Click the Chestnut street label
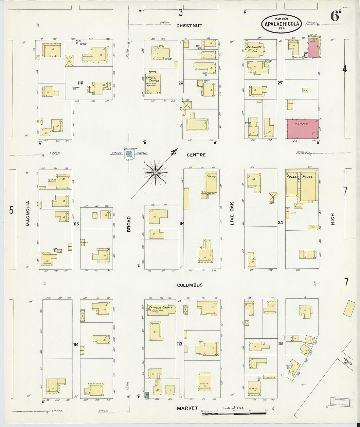coord(189,26)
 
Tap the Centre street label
coord(196,155)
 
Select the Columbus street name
coord(190,285)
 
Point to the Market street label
coord(188,408)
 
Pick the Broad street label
coord(129,224)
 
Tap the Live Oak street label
coord(232,215)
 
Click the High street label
coord(333,219)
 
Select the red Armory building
coord(303,129)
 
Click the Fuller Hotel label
coord(299,177)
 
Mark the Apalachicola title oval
coord(281,24)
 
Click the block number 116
coord(80,83)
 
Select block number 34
coord(280,223)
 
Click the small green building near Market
coord(147,395)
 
